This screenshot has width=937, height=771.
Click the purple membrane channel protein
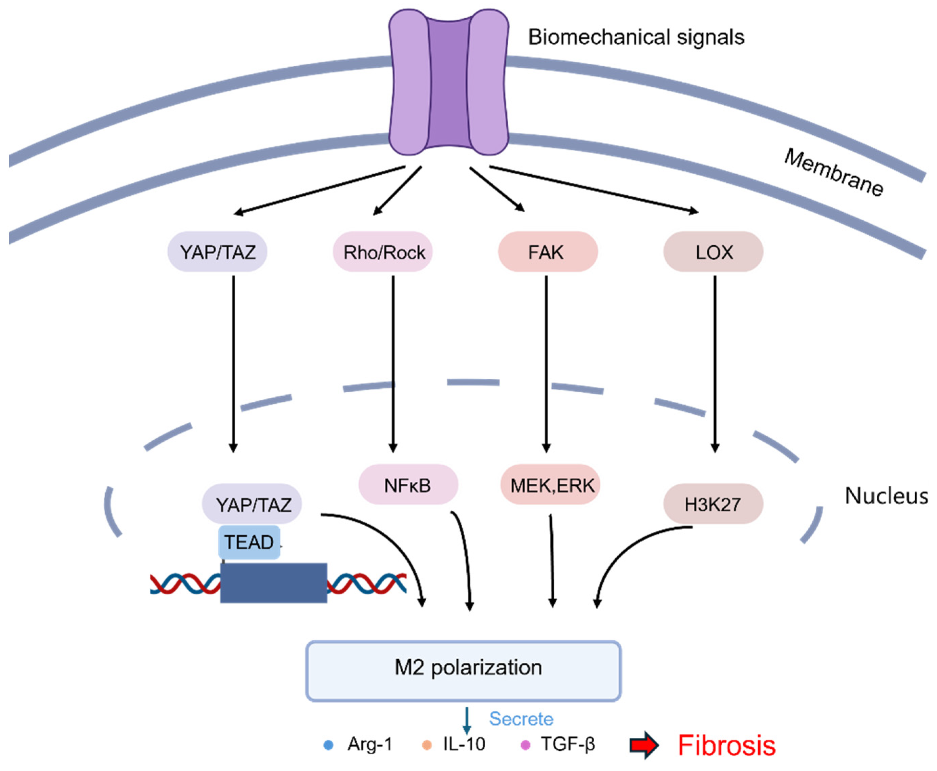[x=449, y=82]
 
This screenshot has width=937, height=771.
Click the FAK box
[x=547, y=252]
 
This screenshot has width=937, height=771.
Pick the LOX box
[x=713, y=252]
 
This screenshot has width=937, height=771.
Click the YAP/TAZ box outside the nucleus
[x=217, y=252]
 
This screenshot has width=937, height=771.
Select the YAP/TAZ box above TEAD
[x=252, y=504]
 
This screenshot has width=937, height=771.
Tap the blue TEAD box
[x=249, y=542]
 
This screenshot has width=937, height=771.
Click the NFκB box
[x=408, y=485]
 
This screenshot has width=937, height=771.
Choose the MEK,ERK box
[x=551, y=485]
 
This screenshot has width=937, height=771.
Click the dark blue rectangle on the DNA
[x=274, y=583]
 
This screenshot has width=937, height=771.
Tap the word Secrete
[x=521, y=718]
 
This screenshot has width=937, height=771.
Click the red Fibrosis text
[x=726, y=745]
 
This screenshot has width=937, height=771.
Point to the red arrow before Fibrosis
[x=644, y=745]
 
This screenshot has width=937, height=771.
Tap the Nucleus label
[x=886, y=495]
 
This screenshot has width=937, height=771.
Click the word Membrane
[x=833, y=172]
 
